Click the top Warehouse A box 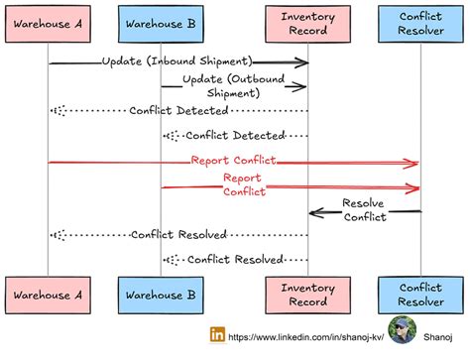(50, 24)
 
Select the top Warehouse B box (161, 24)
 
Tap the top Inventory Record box (307, 24)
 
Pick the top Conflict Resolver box (419, 24)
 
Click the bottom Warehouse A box (50, 295)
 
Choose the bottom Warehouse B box (161, 295)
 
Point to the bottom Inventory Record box (307, 295)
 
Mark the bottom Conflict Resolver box (419, 295)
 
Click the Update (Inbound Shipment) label (176, 61)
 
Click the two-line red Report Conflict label (243, 184)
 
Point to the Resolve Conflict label (364, 210)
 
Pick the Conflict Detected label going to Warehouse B (234, 135)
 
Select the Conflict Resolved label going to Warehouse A (178, 235)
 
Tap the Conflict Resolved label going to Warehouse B (234, 260)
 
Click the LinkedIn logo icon (217, 335)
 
